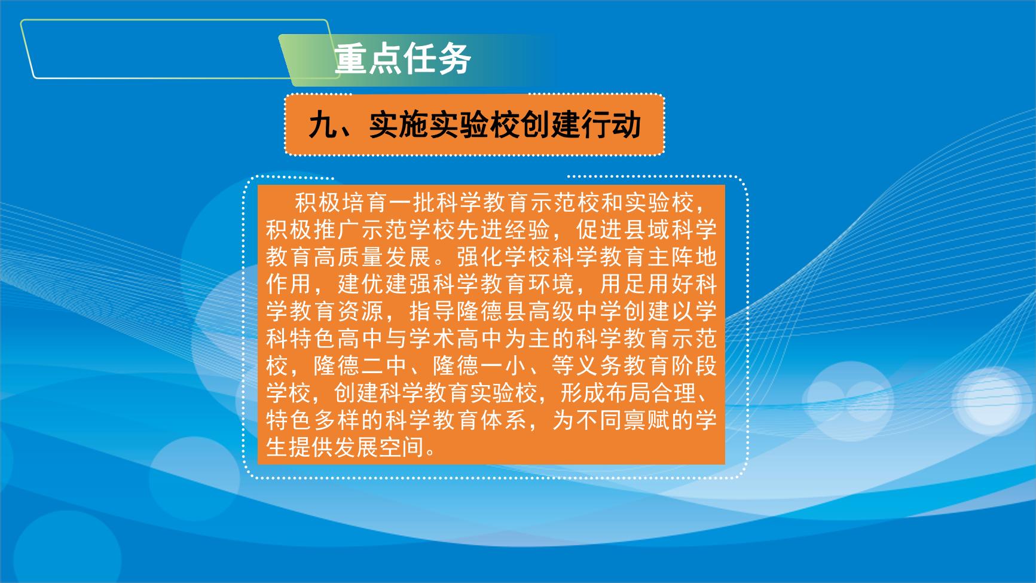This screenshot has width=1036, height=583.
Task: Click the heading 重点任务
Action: click(403, 59)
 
